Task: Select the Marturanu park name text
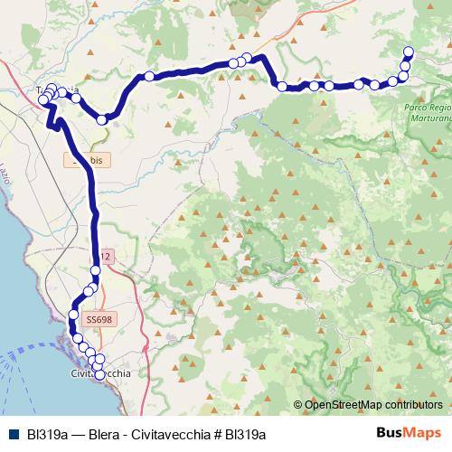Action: pyautogui.click(x=424, y=117)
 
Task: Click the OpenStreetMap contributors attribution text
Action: pyautogui.click(x=373, y=405)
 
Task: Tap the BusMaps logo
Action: pyautogui.click(x=410, y=433)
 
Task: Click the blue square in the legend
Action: pyautogui.click(x=12, y=434)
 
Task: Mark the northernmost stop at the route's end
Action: pyautogui.click(x=409, y=52)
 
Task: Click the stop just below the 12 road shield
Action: pyautogui.click(x=95, y=270)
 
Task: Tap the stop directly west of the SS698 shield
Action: pyautogui.click(x=74, y=315)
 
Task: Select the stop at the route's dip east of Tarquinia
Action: pyautogui.click(x=102, y=118)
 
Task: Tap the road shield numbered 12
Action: pyautogui.click(x=105, y=257)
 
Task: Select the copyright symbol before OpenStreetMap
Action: pyautogui.click(x=298, y=405)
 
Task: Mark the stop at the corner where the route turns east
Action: pyautogui.click(x=282, y=87)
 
